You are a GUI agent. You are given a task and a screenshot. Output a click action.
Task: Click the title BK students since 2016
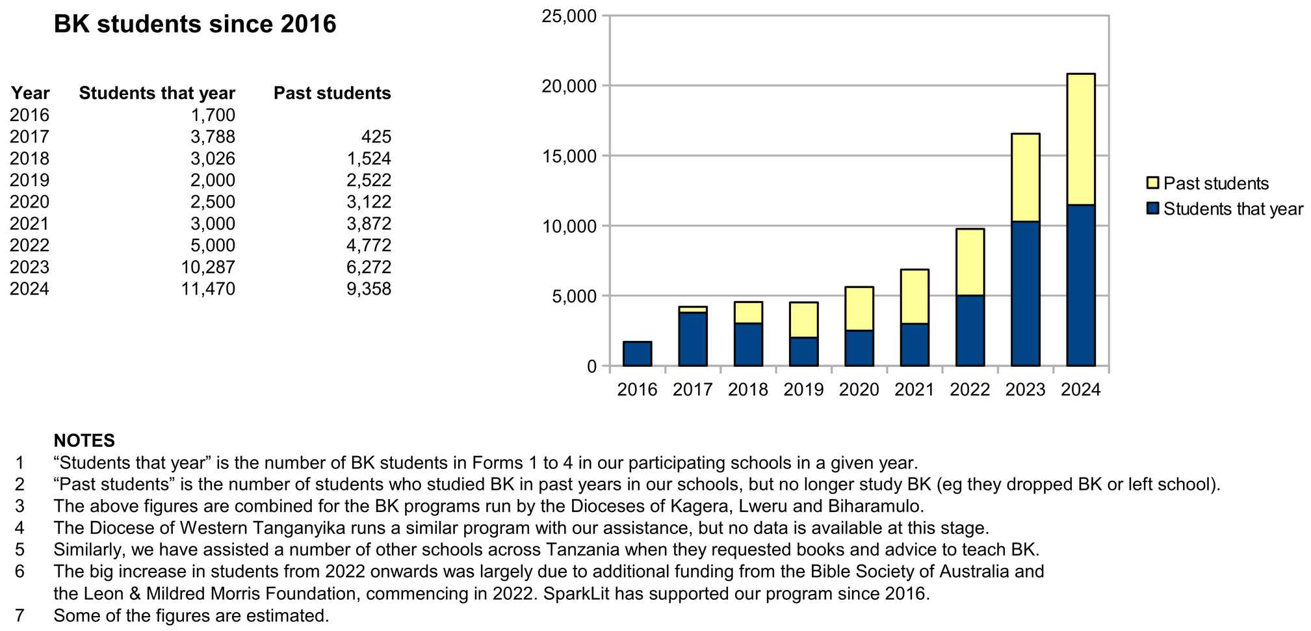click(x=195, y=24)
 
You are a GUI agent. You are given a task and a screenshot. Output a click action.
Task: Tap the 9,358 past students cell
click(x=369, y=289)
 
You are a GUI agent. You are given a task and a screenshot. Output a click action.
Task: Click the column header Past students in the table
click(x=332, y=93)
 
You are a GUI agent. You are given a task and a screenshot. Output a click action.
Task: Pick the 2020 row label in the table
click(x=29, y=202)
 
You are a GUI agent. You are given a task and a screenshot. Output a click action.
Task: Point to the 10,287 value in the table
click(x=209, y=267)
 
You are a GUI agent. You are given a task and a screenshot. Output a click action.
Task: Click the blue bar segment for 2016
click(x=637, y=354)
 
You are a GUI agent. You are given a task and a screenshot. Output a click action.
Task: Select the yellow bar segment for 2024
click(x=1080, y=139)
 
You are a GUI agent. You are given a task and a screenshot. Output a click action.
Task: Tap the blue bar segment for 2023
click(x=1025, y=294)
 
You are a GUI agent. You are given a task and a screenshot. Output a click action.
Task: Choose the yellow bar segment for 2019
click(x=803, y=320)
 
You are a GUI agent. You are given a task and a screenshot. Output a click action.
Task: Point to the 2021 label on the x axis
click(x=914, y=390)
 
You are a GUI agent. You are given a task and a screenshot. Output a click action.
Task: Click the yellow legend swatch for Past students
click(x=1153, y=183)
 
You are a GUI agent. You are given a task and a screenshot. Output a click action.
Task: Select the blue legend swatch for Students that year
click(x=1153, y=209)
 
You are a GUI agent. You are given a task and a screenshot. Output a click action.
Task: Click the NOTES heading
click(x=84, y=440)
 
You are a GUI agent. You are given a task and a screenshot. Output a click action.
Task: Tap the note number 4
click(x=19, y=528)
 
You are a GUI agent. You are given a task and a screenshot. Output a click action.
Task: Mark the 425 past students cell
click(x=377, y=137)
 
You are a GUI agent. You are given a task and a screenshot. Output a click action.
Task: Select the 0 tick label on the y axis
click(x=591, y=367)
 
